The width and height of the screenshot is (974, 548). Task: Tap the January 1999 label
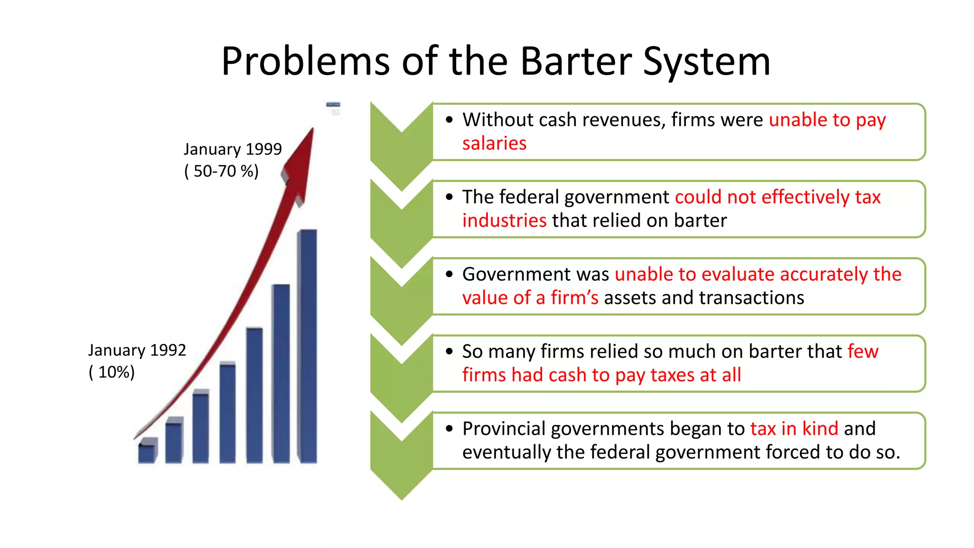233,149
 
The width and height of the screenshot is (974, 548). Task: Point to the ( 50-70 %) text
221,171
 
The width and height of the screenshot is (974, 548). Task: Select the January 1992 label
137,350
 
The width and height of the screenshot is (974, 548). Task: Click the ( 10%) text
112,372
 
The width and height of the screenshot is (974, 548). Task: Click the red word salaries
494,143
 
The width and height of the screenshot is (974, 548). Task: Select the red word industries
504,221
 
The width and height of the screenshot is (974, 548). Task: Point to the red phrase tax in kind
794,429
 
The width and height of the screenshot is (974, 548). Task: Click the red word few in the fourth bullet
863,352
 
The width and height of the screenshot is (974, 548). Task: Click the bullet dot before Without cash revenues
449,120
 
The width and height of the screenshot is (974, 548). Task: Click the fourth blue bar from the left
228,412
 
